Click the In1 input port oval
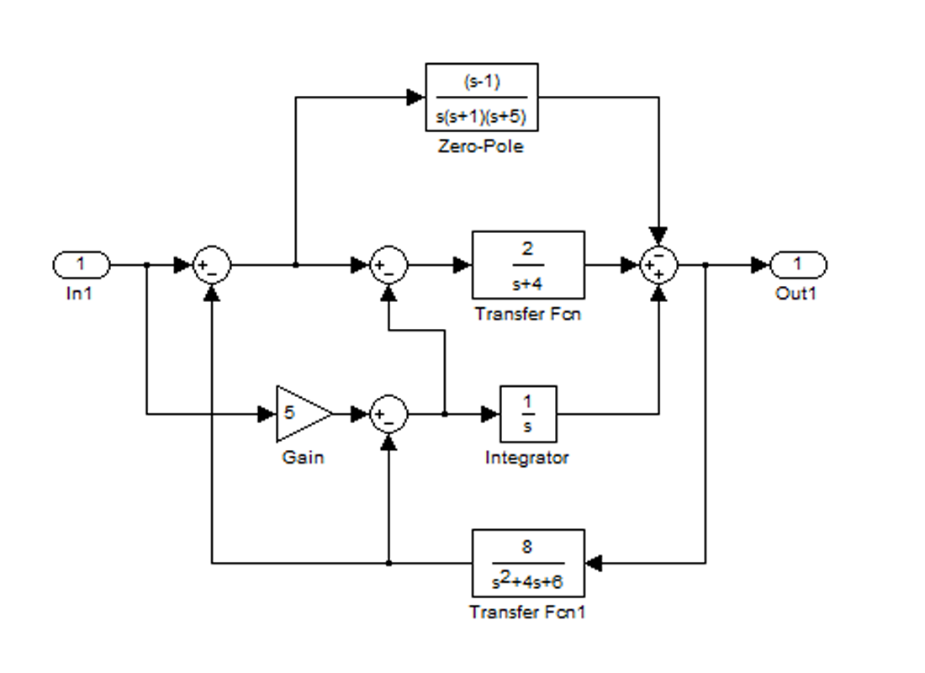pyautogui.click(x=81, y=265)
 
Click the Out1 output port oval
pyautogui.click(x=799, y=265)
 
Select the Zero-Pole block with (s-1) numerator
pyautogui.click(x=481, y=98)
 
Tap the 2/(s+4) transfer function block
pyautogui.click(x=528, y=265)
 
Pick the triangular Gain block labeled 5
pyautogui.click(x=300, y=414)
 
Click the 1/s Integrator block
pyautogui.click(x=528, y=414)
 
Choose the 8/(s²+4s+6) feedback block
pyautogui.click(x=528, y=562)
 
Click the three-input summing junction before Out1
pyautogui.click(x=659, y=266)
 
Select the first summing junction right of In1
pyautogui.click(x=211, y=266)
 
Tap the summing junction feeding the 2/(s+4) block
pyautogui.click(x=388, y=266)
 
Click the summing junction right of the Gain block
pyautogui.click(x=388, y=414)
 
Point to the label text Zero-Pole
pyautogui.click(x=481, y=146)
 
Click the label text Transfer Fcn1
pyautogui.click(x=527, y=612)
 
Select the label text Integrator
pyautogui.click(x=527, y=458)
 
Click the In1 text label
pyautogui.click(x=80, y=294)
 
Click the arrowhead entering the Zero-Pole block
pyautogui.click(x=415, y=98)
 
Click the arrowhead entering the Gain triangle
pyautogui.click(x=267, y=414)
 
